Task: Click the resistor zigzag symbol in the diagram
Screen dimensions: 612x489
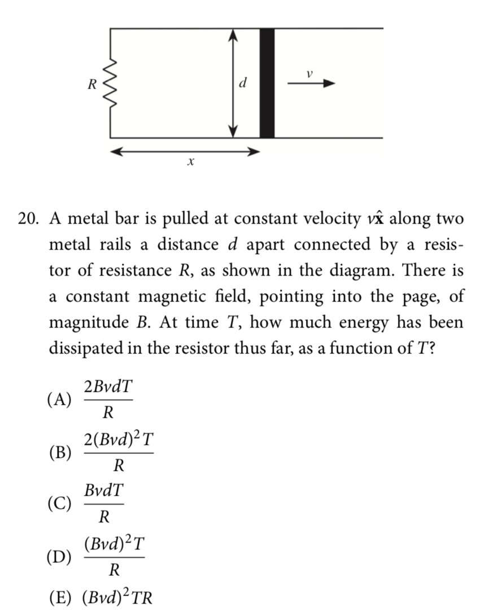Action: tap(111, 84)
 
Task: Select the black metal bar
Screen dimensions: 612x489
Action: tap(267, 82)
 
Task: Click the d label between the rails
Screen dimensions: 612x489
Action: tap(243, 84)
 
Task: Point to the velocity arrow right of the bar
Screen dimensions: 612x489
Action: tap(311, 84)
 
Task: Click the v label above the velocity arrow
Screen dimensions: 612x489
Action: tap(309, 73)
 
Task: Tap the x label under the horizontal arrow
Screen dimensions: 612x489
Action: tap(190, 162)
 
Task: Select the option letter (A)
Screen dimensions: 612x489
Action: tap(60, 400)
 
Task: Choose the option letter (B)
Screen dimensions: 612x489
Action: tap(60, 453)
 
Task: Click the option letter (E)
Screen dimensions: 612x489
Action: tap(60, 598)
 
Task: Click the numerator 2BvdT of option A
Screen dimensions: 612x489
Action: tap(108, 388)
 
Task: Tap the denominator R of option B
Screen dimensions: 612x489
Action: tap(118, 466)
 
